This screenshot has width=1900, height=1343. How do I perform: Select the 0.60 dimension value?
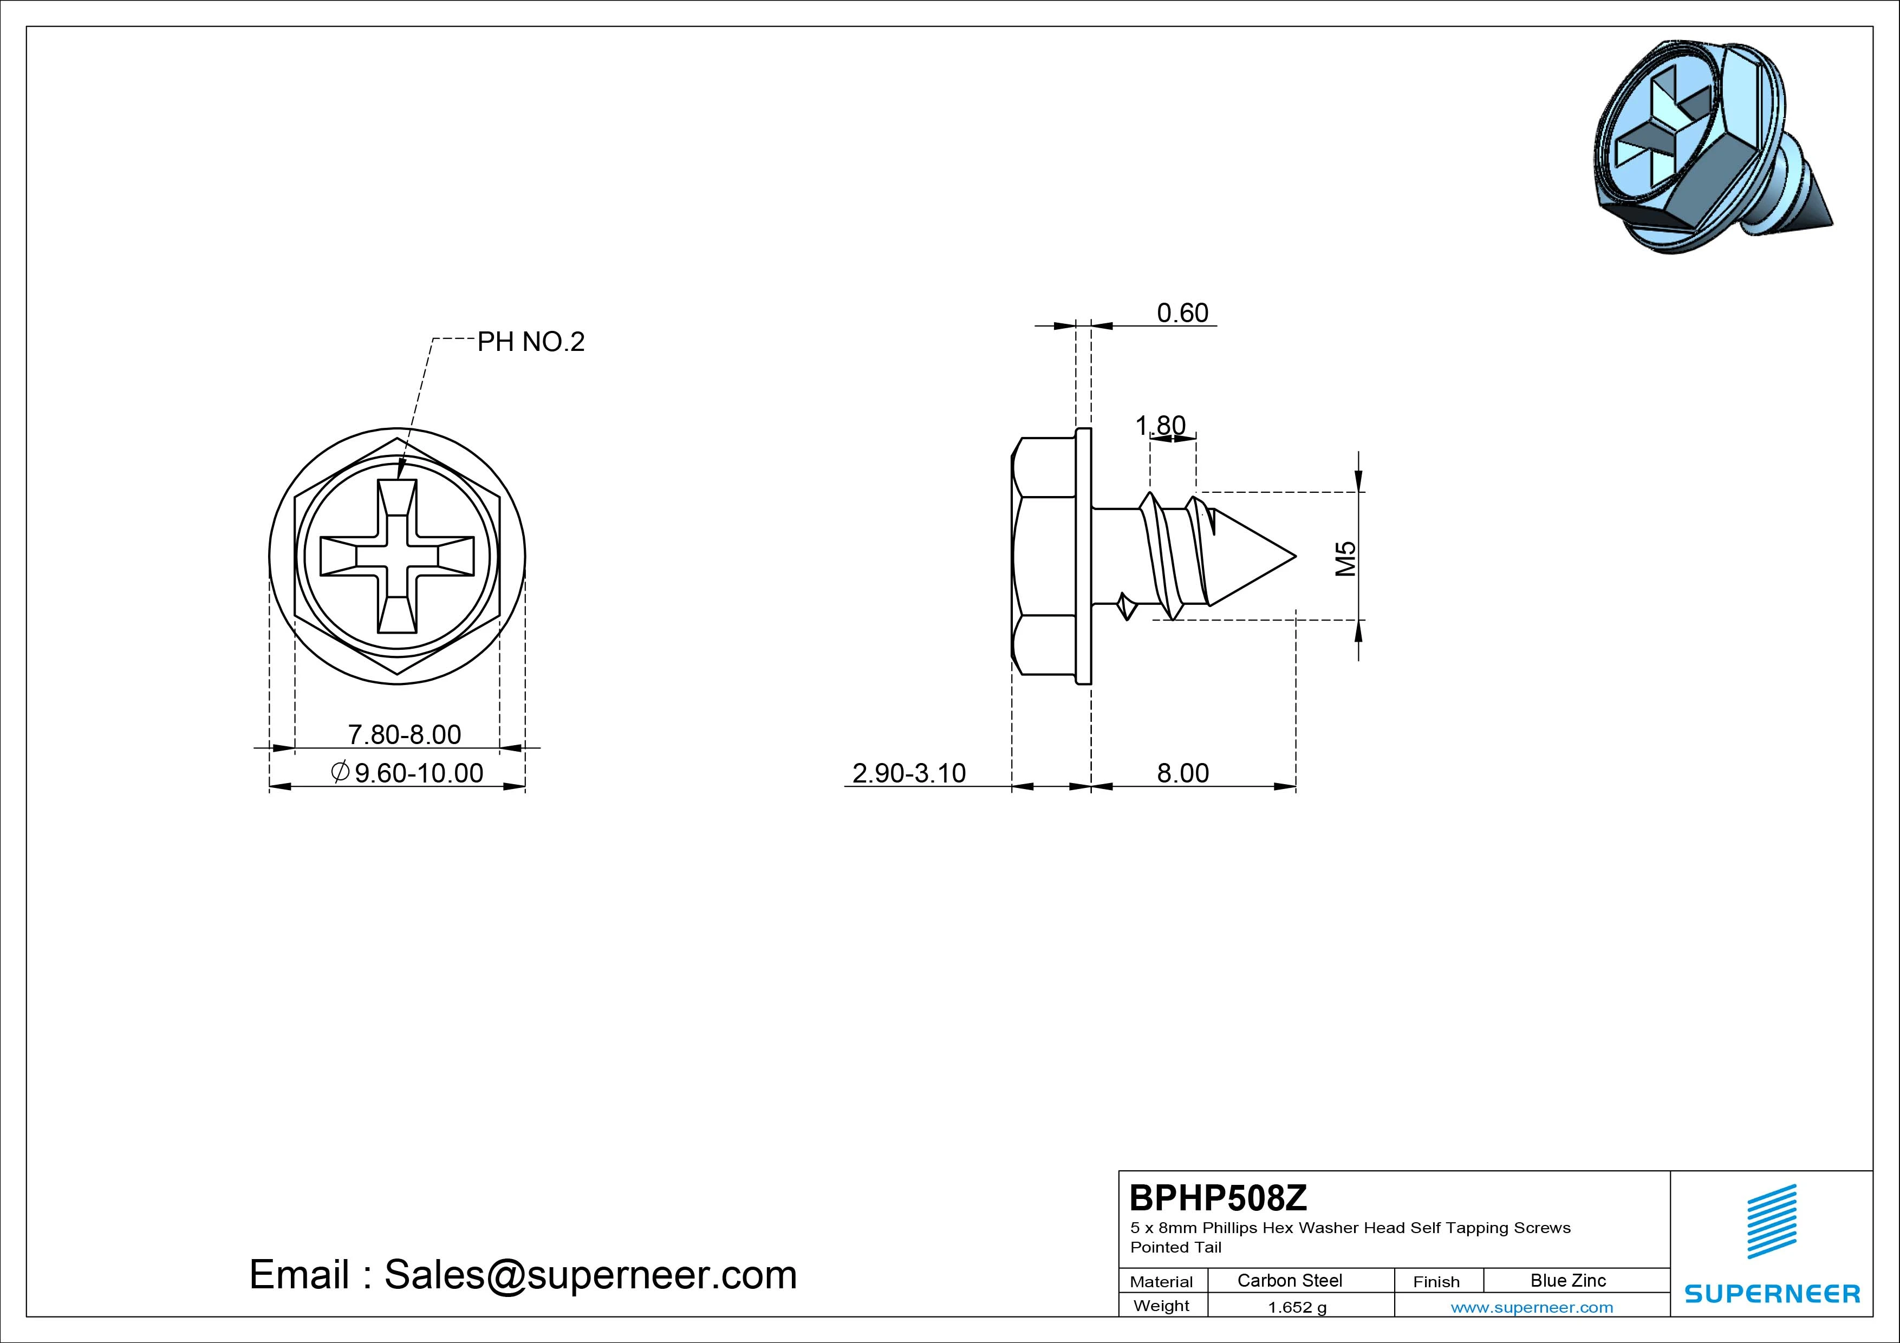click(1182, 313)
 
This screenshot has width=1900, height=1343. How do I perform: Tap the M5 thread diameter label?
click(1346, 558)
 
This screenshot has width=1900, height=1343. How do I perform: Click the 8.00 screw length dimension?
click(1182, 773)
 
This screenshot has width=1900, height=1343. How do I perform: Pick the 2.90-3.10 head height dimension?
click(909, 773)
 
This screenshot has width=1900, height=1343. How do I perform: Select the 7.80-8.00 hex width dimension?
click(404, 734)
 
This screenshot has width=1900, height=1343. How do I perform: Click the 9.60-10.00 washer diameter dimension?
click(407, 773)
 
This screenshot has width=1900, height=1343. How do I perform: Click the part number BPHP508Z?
click(1218, 1197)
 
